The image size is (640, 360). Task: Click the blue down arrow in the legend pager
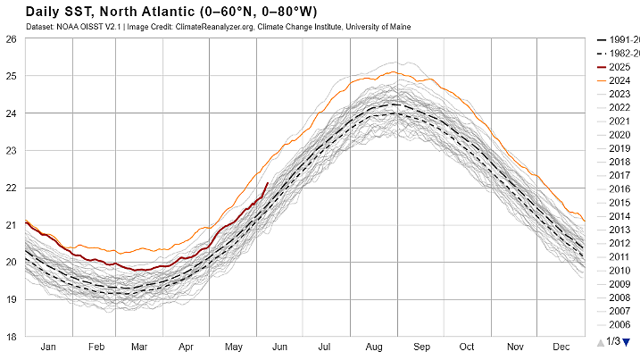point(627,342)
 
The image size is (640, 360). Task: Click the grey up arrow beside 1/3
point(599,342)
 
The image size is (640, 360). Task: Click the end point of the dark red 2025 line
point(268,183)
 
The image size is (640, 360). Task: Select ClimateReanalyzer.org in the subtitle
point(220,27)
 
